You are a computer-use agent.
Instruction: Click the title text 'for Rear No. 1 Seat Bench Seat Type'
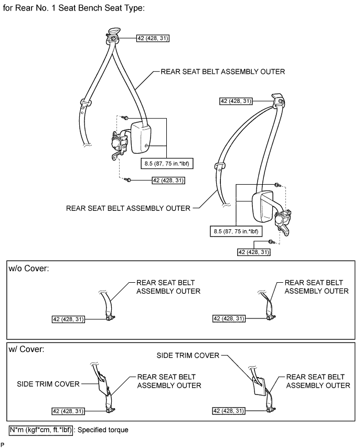tap(74, 9)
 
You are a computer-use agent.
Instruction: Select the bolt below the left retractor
tap(128, 180)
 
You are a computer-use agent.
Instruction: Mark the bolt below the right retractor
tap(271, 242)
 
